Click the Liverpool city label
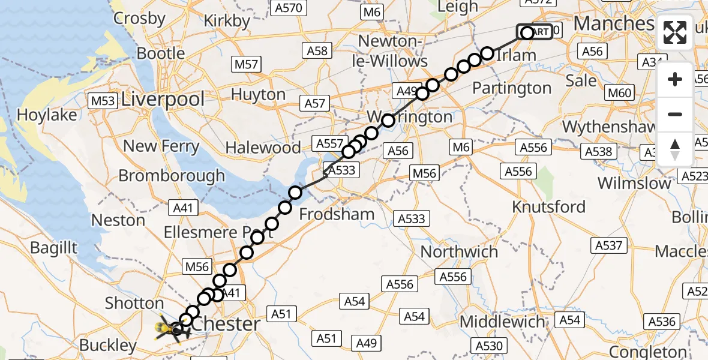163,100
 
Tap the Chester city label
227,324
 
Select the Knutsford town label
548,207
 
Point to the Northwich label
459,251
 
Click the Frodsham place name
337,214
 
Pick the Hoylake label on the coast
47,115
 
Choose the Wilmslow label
634,183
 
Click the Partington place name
512,88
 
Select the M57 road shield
246,64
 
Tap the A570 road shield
289,8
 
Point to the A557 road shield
328,143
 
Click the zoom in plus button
675,80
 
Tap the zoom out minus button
675,114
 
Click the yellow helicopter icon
167,329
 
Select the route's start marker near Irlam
527,32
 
